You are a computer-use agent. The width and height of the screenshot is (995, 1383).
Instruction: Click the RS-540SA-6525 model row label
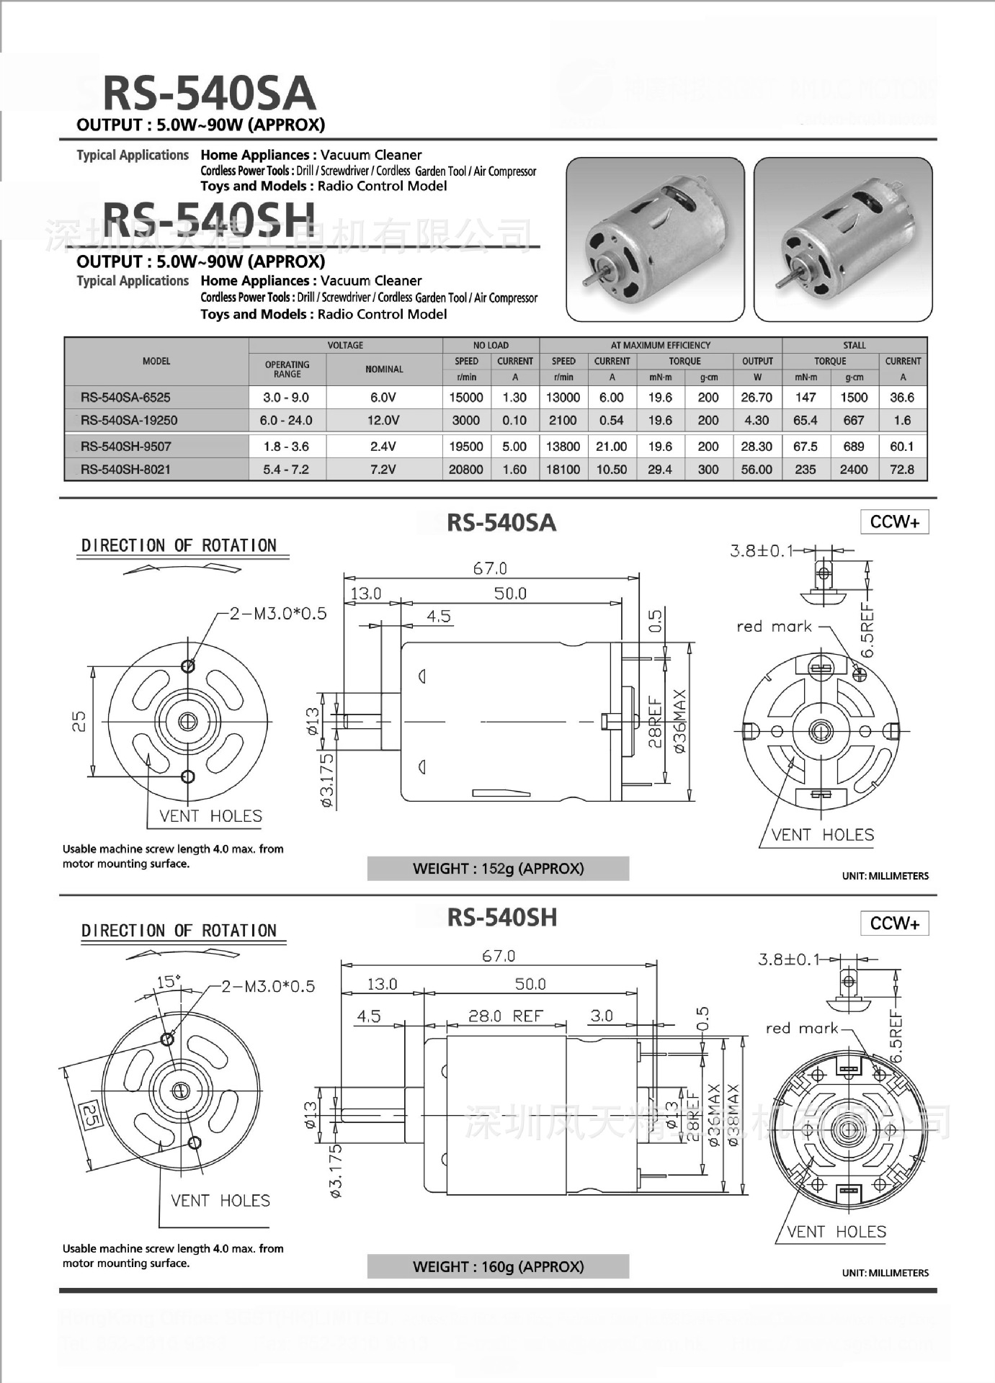(x=125, y=397)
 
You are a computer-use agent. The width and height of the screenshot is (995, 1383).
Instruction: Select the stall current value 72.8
(x=902, y=469)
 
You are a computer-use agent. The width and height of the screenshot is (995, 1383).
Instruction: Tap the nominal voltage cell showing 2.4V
(x=383, y=446)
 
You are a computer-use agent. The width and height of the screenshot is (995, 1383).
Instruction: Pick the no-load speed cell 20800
(x=466, y=469)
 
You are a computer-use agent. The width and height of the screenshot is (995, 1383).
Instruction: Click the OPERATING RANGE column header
(x=287, y=369)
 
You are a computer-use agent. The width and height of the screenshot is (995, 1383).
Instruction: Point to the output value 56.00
(x=757, y=469)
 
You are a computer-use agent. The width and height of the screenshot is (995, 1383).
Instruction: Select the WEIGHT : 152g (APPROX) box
(x=498, y=868)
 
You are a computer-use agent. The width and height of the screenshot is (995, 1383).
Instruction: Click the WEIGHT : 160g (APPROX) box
(x=498, y=1266)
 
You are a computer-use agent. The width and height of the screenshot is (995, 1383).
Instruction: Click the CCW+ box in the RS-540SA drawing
(x=894, y=522)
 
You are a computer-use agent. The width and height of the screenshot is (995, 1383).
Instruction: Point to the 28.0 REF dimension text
(x=506, y=1016)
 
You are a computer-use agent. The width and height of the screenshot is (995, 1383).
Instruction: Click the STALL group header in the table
(x=854, y=345)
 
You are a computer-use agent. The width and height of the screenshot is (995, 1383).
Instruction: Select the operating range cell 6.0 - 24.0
(x=286, y=420)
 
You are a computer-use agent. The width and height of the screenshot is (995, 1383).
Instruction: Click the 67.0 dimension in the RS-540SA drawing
(x=490, y=568)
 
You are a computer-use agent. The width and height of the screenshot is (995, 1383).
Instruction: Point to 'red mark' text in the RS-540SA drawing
(x=774, y=626)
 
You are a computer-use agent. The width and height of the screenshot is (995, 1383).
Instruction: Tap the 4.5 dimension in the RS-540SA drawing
(x=438, y=616)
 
